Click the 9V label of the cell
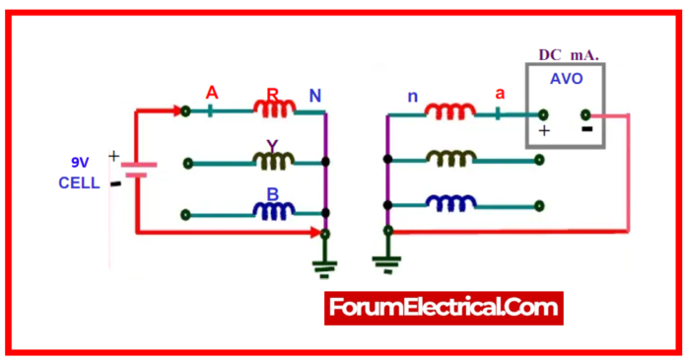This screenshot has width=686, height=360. pyautogui.click(x=80, y=162)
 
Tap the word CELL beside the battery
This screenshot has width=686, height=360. pyautogui.click(x=79, y=182)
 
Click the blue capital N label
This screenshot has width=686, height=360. pyautogui.click(x=314, y=96)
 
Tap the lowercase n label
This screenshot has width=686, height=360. pyautogui.click(x=412, y=96)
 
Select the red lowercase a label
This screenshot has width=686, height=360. pyautogui.click(x=500, y=95)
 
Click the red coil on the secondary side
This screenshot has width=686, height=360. pyautogui.click(x=451, y=109)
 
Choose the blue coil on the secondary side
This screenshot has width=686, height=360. pyautogui.click(x=451, y=203)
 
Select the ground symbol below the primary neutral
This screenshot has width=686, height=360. pyautogui.click(x=325, y=264)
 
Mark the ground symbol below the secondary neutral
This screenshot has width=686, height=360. pyautogui.click(x=385, y=262)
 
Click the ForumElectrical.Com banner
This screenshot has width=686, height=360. pyautogui.click(x=444, y=308)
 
